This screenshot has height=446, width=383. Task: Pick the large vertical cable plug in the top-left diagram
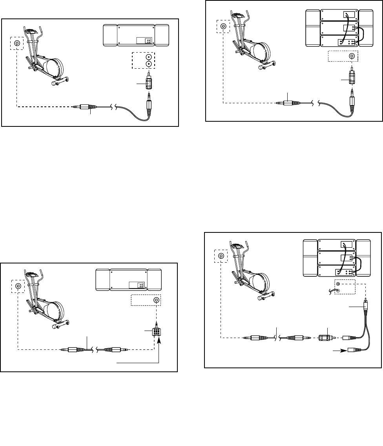click(150, 106)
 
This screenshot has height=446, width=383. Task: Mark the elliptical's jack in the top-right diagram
click(223, 27)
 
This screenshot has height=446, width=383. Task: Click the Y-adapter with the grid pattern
click(156, 332)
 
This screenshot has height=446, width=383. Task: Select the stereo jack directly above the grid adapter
click(157, 300)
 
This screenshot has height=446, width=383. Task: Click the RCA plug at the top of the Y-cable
click(365, 304)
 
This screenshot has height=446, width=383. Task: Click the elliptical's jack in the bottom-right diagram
click(221, 256)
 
